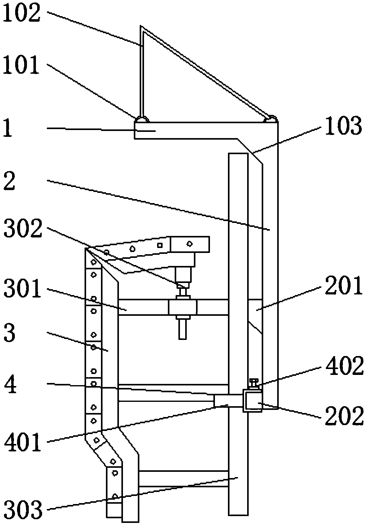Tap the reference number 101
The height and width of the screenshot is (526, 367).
21,65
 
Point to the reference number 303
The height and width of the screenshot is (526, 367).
23,509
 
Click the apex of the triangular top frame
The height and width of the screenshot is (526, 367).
141,25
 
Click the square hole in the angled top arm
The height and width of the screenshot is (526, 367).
160,246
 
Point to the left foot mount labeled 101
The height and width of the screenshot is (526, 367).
142,119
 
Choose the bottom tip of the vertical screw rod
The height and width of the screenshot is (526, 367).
182,339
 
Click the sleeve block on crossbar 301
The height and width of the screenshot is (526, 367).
182,307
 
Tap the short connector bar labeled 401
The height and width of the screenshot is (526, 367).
228,400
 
